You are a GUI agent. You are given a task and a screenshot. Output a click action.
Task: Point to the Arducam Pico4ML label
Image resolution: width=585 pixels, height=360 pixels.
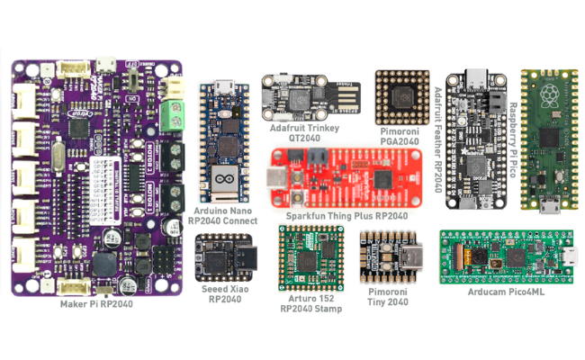point(506,292)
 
